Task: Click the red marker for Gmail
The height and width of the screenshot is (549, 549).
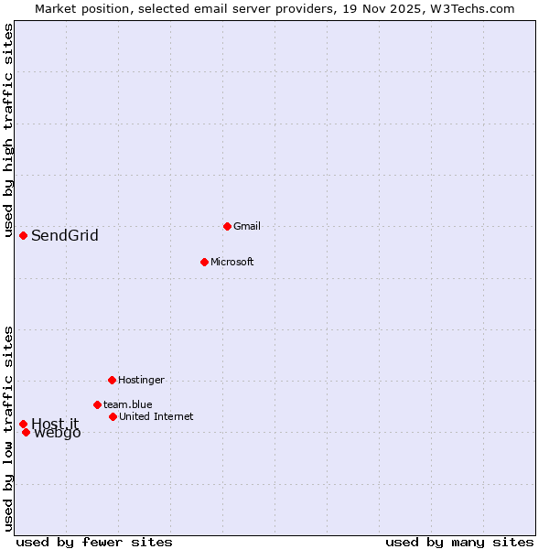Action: point(227,226)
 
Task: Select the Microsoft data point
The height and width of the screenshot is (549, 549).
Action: point(204,262)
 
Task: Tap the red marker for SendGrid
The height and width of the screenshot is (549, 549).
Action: point(23,235)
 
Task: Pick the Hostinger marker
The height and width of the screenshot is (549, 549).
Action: point(112,380)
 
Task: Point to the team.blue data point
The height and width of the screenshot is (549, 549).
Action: point(97,404)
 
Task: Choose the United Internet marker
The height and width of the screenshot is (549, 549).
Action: point(113,416)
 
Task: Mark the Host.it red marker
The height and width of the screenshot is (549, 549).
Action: point(23,424)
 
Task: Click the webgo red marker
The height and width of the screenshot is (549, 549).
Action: point(26,432)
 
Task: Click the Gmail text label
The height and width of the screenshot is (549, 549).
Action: point(247,226)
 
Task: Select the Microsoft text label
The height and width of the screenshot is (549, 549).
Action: point(232,262)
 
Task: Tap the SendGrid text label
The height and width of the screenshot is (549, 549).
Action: point(65,236)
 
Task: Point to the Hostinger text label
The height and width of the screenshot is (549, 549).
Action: point(142,380)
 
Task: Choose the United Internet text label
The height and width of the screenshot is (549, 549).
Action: point(156,416)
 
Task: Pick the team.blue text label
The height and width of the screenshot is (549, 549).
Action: point(128,404)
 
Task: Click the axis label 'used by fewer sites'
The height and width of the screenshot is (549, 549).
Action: point(94,542)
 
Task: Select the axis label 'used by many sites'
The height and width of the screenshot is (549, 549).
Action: point(459,542)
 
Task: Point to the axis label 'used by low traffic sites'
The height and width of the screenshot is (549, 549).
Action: point(9,428)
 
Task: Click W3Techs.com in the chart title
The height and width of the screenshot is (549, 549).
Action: point(471,8)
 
